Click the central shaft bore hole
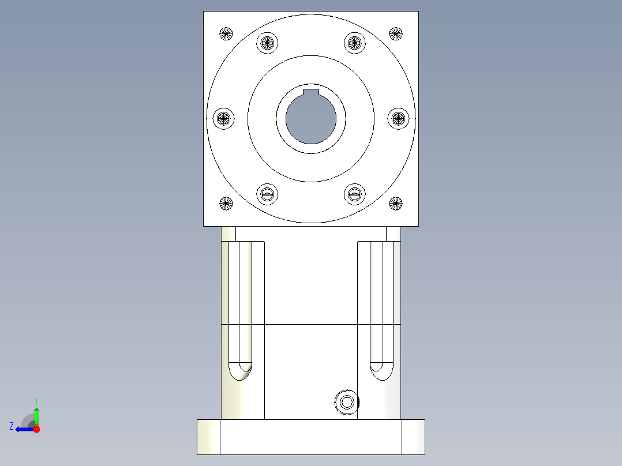[x=310, y=119]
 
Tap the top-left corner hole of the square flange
[x=226, y=34]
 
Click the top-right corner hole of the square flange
[x=395, y=34]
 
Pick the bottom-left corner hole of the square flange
[x=226, y=203]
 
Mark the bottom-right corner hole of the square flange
[x=395, y=203]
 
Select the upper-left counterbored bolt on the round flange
[x=267, y=43]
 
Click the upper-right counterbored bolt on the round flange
[x=355, y=43]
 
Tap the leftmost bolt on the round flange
[x=224, y=119]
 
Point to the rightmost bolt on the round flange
[x=398, y=119]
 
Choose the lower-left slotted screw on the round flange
[x=267, y=194]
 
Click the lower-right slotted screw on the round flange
[x=355, y=194]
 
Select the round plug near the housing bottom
[x=347, y=402]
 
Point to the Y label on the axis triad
[x=36, y=400]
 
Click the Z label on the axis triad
[x=12, y=426]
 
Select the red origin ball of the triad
[x=36, y=429]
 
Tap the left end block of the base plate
[x=208, y=437]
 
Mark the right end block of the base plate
[x=413, y=437]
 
